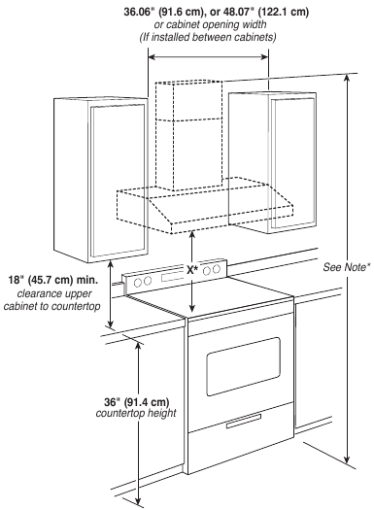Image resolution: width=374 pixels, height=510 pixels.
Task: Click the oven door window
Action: pyautogui.click(x=243, y=365)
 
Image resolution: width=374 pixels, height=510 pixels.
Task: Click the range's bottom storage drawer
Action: pyautogui.click(x=243, y=442)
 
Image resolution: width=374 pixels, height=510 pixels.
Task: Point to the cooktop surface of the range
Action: pyautogui.click(x=233, y=297)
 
